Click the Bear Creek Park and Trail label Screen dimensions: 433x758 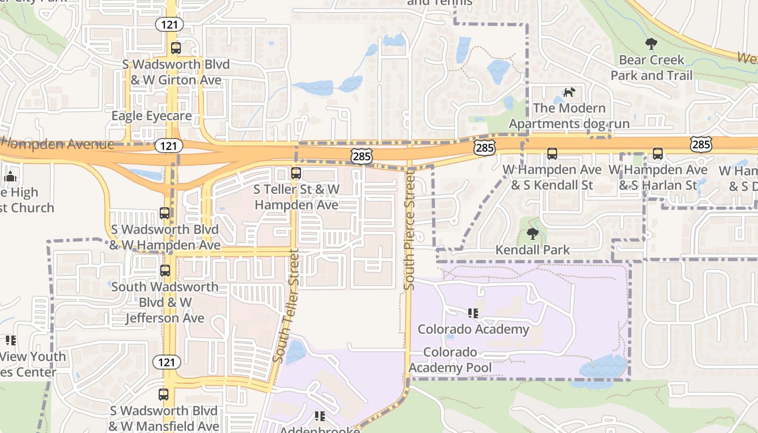click(x=651, y=68)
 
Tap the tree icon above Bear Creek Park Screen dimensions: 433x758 click(x=651, y=44)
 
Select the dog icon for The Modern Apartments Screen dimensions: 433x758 click(x=568, y=92)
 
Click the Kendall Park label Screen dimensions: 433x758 click(x=533, y=250)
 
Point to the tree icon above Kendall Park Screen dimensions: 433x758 click(x=533, y=234)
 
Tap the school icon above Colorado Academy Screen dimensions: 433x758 click(x=473, y=313)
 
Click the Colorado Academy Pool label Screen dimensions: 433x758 click(x=450, y=360)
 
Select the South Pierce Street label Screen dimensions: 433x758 click(x=410, y=230)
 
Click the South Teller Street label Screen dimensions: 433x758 click(x=287, y=306)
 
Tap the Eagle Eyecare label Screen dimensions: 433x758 click(x=152, y=116)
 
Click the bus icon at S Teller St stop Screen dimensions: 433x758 click(x=296, y=173)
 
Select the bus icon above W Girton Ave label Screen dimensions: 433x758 click(x=175, y=48)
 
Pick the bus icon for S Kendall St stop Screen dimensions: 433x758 click(x=552, y=154)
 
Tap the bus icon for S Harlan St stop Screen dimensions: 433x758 click(x=657, y=154)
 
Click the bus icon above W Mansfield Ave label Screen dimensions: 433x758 click(x=164, y=395)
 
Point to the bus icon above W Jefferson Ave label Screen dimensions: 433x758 click(x=165, y=271)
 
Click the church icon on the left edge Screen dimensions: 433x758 click(x=10, y=176)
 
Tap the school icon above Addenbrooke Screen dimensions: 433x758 click(x=319, y=416)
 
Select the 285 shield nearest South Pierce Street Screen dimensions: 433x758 click(x=361, y=156)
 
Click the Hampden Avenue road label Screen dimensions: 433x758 click(x=57, y=144)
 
